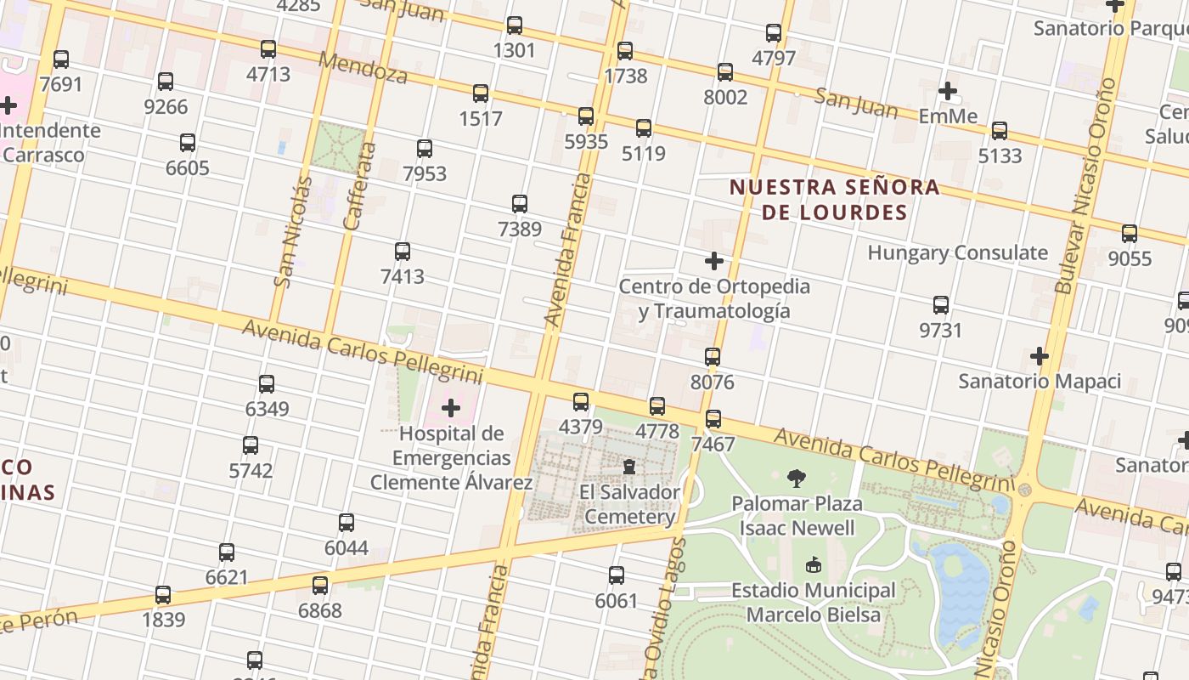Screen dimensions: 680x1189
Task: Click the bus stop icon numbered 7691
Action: (x=61, y=59)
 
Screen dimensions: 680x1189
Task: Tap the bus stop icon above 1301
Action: (x=514, y=25)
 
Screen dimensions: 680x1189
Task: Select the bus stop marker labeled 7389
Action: (x=520, y=204)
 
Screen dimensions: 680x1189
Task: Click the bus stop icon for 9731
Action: (x=940, y=305)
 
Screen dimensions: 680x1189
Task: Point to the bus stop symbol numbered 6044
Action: (x=347, y=523)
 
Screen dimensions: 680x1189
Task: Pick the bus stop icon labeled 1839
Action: (x=163, y=595)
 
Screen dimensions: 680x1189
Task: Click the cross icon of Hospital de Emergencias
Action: (x=451, y=409)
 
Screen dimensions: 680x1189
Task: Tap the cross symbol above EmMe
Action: (x=948, y=91)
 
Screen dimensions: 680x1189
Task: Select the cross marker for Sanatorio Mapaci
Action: (x=1039, y=356)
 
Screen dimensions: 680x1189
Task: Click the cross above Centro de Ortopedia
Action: (x=714, y=261)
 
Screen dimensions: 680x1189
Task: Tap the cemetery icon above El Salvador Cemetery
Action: (x=629, y=467)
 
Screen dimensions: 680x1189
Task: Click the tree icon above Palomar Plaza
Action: (x=797, y=479)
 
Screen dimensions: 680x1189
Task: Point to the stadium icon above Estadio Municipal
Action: (x=814, y=564)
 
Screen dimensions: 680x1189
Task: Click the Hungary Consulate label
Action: (x=957, y=252)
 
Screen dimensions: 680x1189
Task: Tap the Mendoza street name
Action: (x=363, y=67)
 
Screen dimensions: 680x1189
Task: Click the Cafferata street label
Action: (x=360, y=185)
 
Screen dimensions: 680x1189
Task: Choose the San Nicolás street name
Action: (x=294, y=230)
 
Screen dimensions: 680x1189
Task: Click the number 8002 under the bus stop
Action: (x=725, y=97)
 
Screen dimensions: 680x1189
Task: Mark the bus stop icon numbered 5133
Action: (x=1000, y=131)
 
